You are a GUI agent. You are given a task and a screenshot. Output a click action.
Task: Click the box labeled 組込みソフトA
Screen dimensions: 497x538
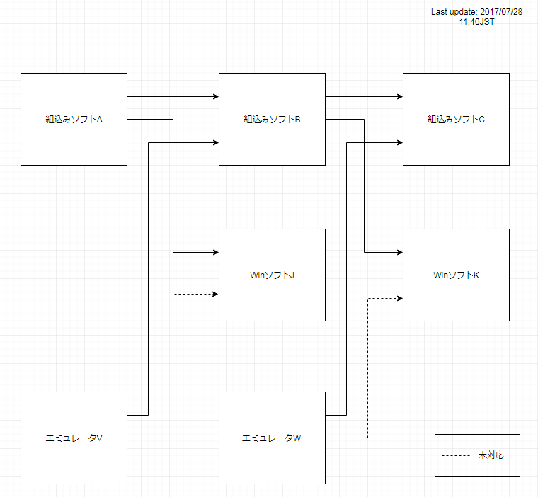tap(74, 119)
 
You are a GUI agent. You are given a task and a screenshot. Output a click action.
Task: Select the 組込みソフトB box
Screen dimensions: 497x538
tap(272, 119)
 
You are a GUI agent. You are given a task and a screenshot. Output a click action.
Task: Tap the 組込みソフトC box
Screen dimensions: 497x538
tap(456, 119)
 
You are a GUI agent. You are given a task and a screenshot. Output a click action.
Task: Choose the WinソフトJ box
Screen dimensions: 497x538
tap(272, 275)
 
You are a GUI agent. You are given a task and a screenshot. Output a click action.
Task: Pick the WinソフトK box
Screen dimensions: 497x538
tap(456, 275)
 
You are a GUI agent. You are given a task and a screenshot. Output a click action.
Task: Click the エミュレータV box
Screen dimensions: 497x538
tap(74, 438)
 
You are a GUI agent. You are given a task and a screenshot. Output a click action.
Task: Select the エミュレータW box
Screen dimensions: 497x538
tap(272, 438)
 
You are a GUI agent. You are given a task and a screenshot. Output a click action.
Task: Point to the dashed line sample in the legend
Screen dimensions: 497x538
tap(457, 455)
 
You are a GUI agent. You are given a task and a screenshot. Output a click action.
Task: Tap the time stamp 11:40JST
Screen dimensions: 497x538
tap(476, 23)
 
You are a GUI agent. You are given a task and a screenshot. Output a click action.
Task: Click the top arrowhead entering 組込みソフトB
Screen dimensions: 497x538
tap(215, 96)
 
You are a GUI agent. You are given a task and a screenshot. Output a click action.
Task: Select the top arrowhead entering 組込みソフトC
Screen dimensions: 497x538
tap(399, 96)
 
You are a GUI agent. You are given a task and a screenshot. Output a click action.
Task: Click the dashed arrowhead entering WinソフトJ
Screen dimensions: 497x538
tap(215, 294)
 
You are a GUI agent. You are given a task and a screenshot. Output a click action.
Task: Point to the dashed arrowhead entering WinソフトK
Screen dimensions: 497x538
tap(399, 298)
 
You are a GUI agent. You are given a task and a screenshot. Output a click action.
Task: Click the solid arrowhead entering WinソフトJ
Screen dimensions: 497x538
tap(215, 253)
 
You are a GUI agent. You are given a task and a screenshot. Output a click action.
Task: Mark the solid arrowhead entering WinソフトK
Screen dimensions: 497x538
tap(399, 253)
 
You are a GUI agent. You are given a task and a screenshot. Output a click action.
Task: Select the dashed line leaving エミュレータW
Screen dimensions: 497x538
tap(347, 438)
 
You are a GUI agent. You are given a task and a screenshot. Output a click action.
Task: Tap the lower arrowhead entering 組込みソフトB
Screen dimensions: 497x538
tap(215, 143)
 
